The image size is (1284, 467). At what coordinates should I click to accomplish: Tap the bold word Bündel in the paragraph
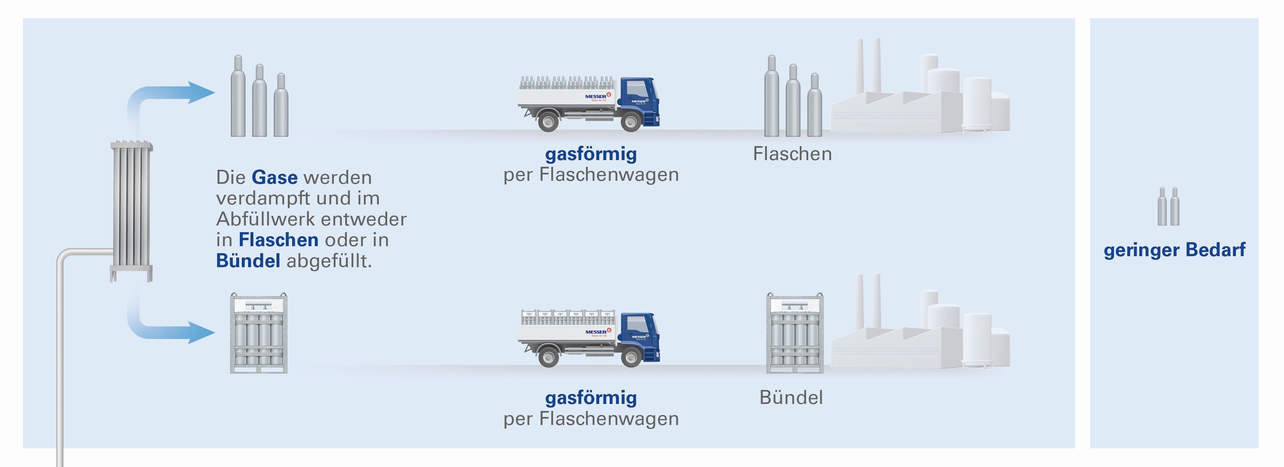tap(248, 261)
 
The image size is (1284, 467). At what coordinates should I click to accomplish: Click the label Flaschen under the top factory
tap(792, 154)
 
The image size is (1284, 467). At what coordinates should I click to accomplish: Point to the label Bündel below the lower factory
tap(791, 398)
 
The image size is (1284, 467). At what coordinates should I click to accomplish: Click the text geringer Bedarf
tap(1174, 250)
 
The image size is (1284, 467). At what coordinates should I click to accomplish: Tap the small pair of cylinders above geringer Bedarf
tap(1168, 206)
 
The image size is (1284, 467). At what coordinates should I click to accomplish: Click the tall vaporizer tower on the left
tap(131, 209)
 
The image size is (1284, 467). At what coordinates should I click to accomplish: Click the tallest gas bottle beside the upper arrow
tap(238, 97)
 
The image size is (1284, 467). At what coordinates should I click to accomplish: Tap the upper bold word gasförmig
tap(591, 154)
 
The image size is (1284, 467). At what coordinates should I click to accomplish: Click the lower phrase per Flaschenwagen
tap(591, 419)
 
